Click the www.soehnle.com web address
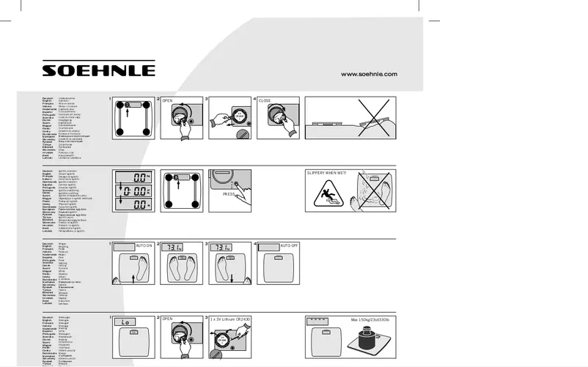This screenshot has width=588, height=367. click(x=369, y=74)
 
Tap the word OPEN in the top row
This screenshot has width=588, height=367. click(x=167, y=100)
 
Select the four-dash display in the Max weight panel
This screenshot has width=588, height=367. click(x=317, y=321)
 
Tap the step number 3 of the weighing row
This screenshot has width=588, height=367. click(x=207, y=243)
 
